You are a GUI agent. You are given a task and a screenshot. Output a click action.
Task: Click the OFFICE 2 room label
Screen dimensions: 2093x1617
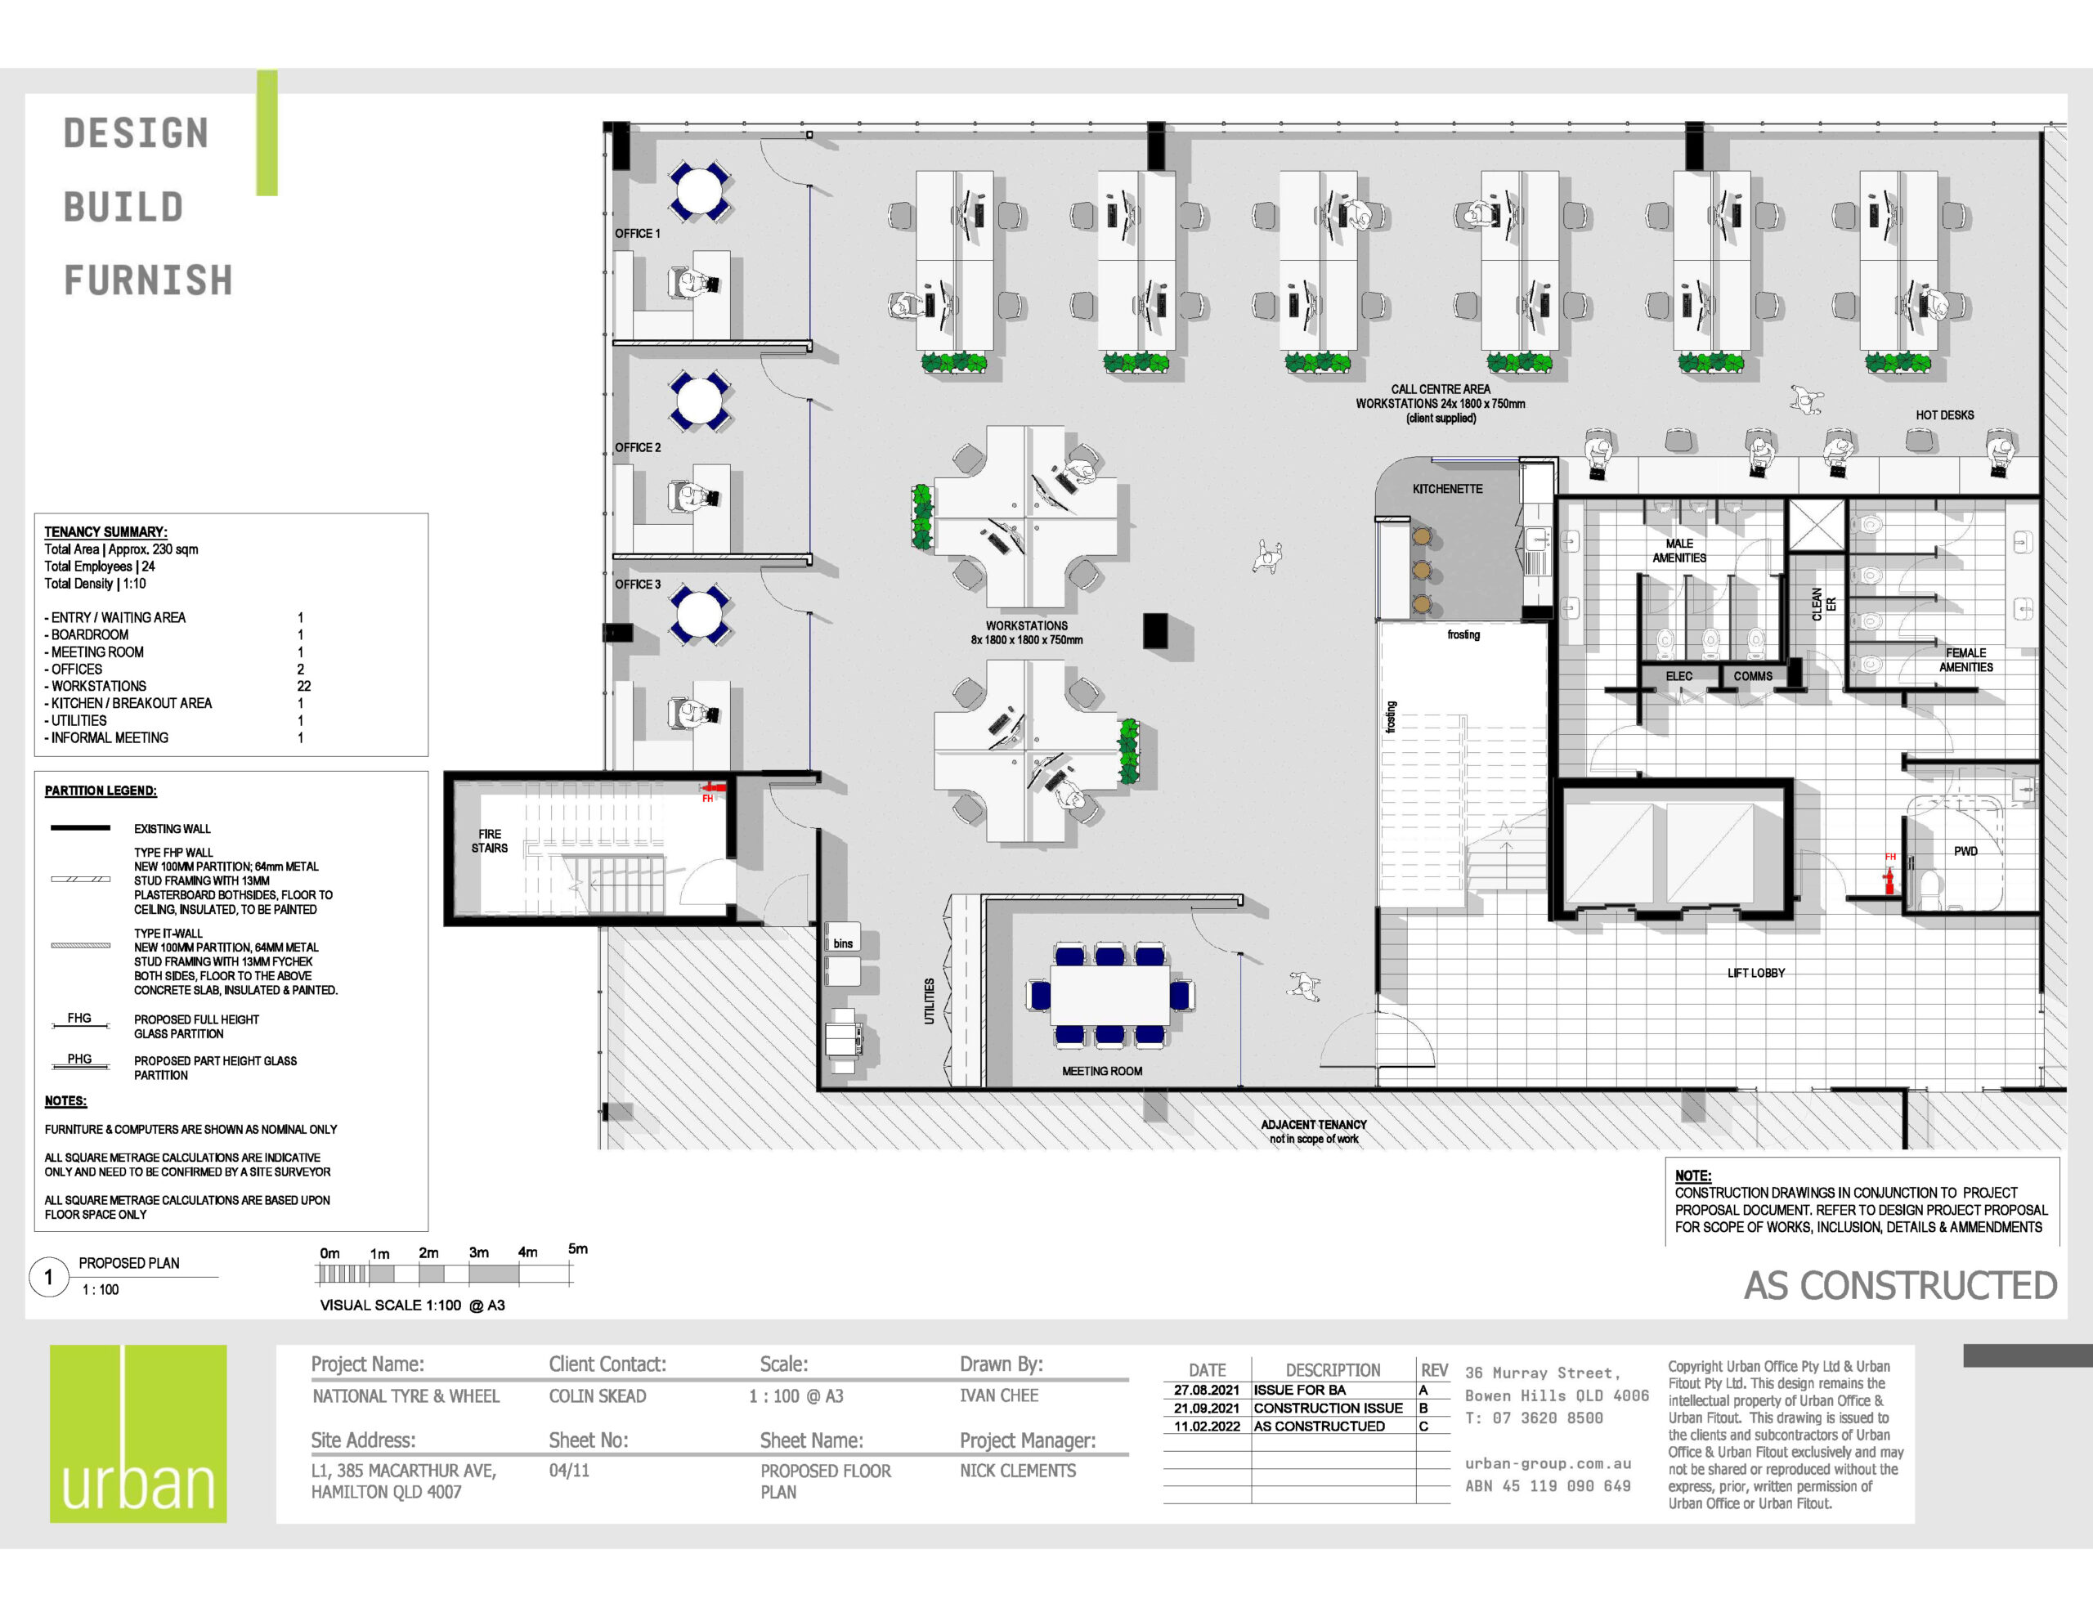(637, 448)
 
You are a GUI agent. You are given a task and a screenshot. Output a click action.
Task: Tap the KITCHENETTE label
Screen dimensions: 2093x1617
(1447, 489)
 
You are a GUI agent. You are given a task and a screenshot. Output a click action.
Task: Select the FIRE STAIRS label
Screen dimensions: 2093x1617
(490, 840)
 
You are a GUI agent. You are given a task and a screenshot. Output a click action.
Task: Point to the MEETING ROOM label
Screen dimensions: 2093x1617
(1102, 1071)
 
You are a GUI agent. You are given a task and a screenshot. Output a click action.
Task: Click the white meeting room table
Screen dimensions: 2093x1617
(1109, 996)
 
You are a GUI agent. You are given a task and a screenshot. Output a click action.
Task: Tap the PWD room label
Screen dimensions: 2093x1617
(1965, 851)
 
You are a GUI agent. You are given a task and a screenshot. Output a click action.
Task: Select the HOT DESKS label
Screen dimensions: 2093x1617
(1944, 415)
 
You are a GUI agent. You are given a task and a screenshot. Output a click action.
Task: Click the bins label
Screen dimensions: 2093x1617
(844, 943)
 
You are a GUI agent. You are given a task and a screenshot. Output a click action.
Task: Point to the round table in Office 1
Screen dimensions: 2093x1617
(700, 191)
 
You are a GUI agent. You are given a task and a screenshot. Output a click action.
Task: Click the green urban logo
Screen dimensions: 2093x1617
(138, 1433)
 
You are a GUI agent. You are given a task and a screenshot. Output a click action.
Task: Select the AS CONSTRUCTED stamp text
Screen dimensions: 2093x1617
(1900, 1285)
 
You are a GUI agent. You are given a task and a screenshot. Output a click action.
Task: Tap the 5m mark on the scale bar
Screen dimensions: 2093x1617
(577, 1249)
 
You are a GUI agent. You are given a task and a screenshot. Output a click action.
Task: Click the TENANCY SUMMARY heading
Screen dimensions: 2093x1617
(105, 532)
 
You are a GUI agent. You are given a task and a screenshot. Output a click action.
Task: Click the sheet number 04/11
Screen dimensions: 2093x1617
(569, 1471)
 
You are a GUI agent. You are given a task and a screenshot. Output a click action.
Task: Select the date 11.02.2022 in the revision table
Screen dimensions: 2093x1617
(1207, 1427)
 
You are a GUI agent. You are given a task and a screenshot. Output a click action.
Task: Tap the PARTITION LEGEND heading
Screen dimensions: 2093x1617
(101, 791)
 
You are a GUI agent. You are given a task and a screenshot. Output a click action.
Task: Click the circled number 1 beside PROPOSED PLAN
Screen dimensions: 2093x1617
(49, 1277)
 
